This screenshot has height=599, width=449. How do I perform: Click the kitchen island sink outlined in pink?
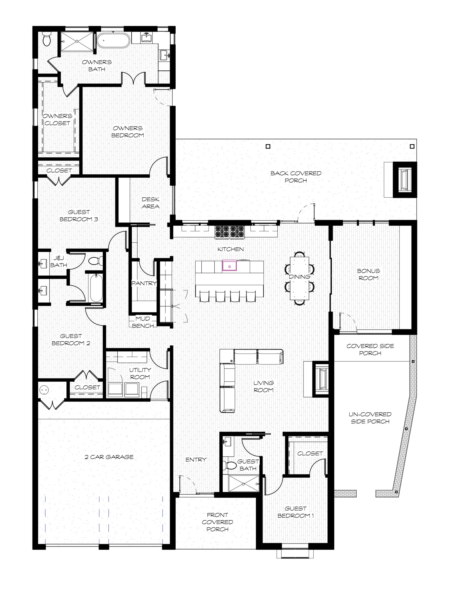(x=229, y=265)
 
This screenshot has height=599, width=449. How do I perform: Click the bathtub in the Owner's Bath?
(x=113, y=40)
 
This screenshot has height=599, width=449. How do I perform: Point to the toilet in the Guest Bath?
(x=228, y=465)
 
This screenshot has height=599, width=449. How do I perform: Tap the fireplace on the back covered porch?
(x=405, y=180)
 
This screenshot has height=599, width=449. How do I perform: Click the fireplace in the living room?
(x=321, y=379)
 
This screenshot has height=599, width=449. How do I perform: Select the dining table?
(x=299, y=278)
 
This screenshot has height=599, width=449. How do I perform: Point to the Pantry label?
(x=144, y=283)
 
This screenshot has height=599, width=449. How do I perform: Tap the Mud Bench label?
(x=143, y=322)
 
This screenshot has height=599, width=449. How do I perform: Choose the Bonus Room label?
(x=368, y=274)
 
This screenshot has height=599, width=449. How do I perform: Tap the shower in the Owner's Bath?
(x=77, y=41)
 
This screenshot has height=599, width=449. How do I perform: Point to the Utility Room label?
(x=140, y=373)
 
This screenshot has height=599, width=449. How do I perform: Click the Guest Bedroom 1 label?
(x=296, y=512)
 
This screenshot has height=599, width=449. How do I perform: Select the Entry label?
(x=196, y=459)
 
